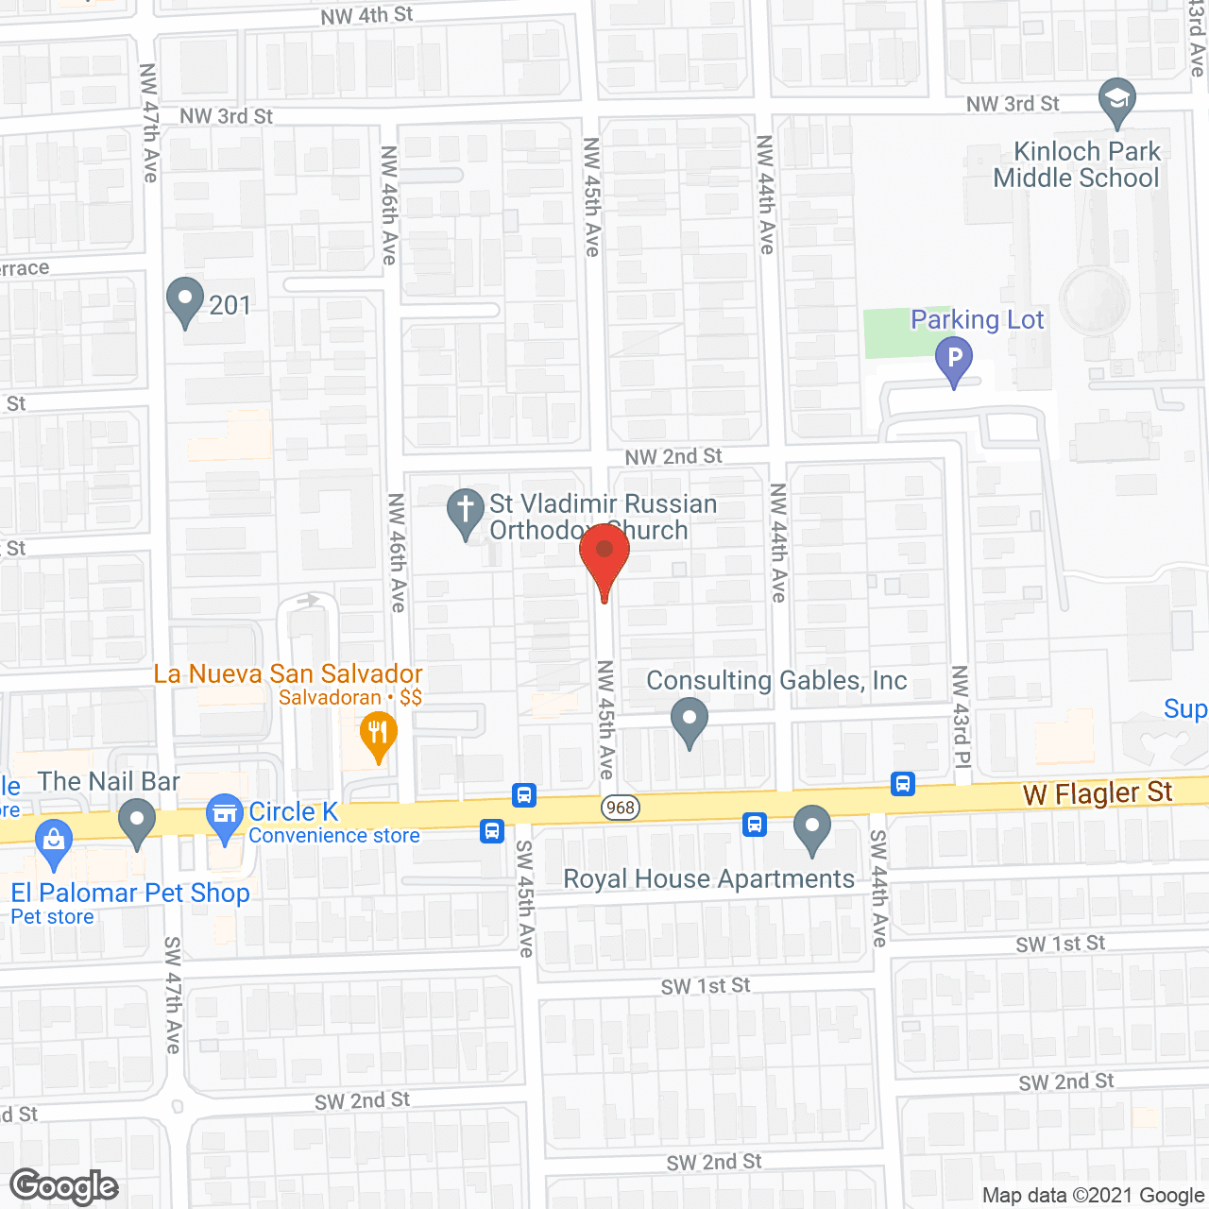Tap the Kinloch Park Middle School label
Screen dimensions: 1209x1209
1076,165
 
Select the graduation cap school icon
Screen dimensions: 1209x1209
1117,99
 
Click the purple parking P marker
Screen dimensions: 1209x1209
954,360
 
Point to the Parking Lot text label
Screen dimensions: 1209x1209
977,320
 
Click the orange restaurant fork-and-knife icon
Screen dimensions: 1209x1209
378,734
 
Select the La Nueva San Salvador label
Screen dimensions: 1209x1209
288,673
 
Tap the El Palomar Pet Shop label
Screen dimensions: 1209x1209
130,893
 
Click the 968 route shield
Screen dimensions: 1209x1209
621,808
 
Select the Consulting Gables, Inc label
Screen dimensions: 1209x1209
776,681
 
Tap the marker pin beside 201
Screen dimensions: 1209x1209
185,300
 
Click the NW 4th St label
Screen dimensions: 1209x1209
366,16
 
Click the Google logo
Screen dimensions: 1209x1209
64,1186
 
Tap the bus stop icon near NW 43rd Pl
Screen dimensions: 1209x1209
903,784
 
